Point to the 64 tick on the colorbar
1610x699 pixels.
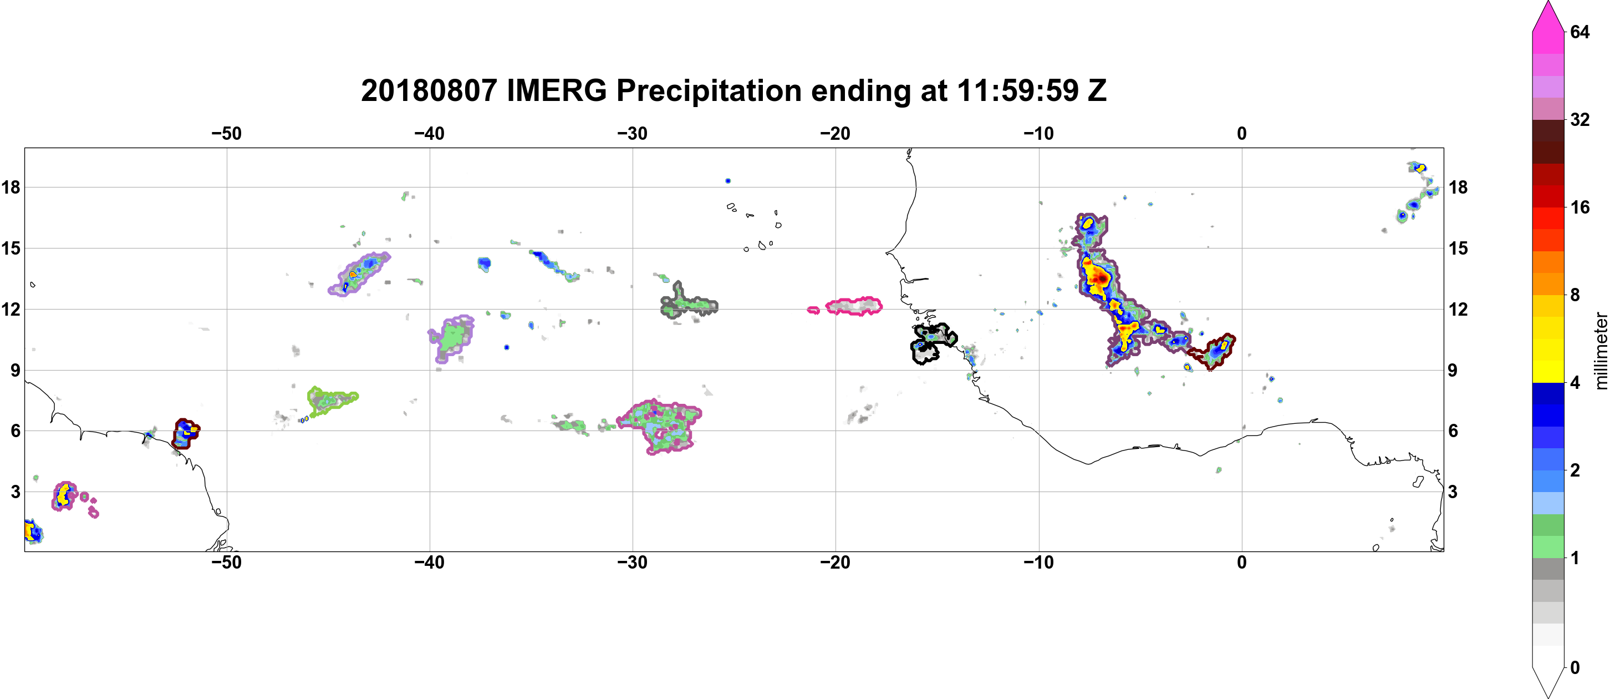coord(1580,32)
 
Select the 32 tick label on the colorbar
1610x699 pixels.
coord(1580,119)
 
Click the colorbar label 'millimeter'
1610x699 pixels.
coord(1601,351)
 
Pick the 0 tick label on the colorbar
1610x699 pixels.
coord(1575,668)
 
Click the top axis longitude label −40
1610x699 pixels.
coord(429,134)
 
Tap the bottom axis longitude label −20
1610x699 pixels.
coord(835,563)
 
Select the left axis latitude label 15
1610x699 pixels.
coord(11,248)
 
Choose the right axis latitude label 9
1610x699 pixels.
coord(1453,370)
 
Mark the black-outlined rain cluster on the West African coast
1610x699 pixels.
coord(933,343)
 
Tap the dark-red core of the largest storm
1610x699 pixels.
coord(1101,277)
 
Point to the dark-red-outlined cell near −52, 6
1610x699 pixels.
coord(185,433)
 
